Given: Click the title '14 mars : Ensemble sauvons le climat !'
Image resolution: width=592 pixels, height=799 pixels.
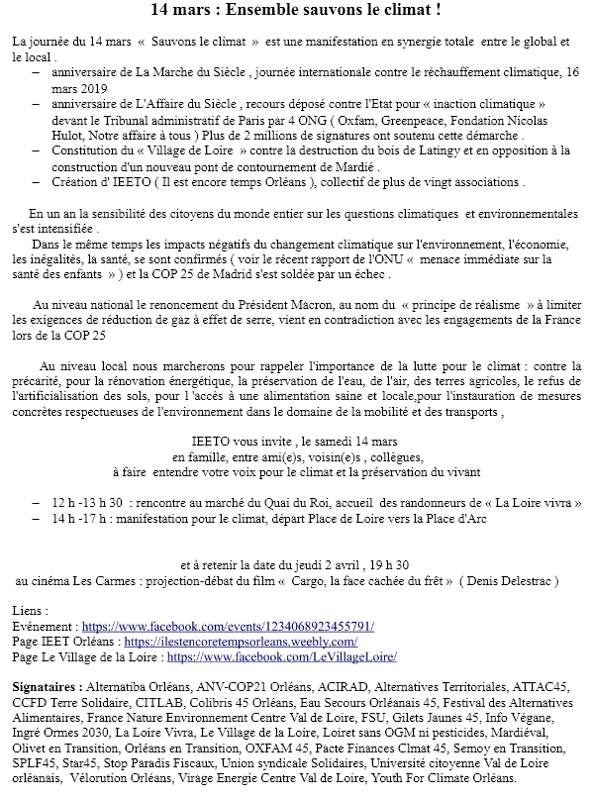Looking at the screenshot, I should click(295, 11).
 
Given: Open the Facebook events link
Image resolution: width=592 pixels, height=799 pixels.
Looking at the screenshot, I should click(228, 627).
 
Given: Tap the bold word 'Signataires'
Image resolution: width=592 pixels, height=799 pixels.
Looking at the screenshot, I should click(45, 685).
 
